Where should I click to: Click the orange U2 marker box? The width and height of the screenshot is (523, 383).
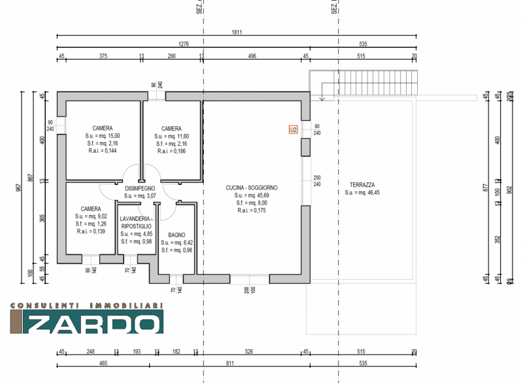click(294, 129)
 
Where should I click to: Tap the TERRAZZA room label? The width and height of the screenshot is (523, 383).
click(362, 185)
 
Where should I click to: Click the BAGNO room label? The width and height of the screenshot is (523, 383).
click(177, 235)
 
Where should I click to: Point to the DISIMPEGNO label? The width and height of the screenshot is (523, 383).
click(140, 188)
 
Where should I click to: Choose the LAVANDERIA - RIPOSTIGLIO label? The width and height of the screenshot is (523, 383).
click(135, 222)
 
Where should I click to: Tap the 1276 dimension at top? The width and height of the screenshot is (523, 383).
click(184, 44)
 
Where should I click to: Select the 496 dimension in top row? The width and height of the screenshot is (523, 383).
click(252, 56)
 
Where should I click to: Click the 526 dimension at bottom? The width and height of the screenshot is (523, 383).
click(248, 352)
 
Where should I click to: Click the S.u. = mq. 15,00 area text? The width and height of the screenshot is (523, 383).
click(102, 136)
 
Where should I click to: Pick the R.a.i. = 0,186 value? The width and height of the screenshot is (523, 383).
click(171, 151)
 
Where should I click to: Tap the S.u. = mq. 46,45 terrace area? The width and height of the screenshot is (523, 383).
click(362, 193)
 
